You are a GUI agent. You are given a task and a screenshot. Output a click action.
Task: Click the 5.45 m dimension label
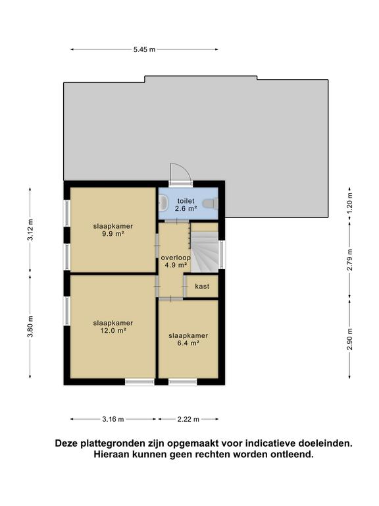click(144, 49)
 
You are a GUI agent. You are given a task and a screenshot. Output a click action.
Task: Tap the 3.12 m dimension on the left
click(30, 229)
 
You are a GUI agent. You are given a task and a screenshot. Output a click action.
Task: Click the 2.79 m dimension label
click(350, 259)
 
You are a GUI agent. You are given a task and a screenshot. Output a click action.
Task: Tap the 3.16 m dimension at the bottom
click(113, 419)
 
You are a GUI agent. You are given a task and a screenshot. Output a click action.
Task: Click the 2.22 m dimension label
click(188, 419)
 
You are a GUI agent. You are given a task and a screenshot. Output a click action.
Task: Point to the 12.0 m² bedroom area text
click(113, 331)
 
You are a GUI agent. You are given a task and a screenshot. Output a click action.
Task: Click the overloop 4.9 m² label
click(176, 262)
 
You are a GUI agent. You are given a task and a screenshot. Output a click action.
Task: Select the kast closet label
click(202, 287)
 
